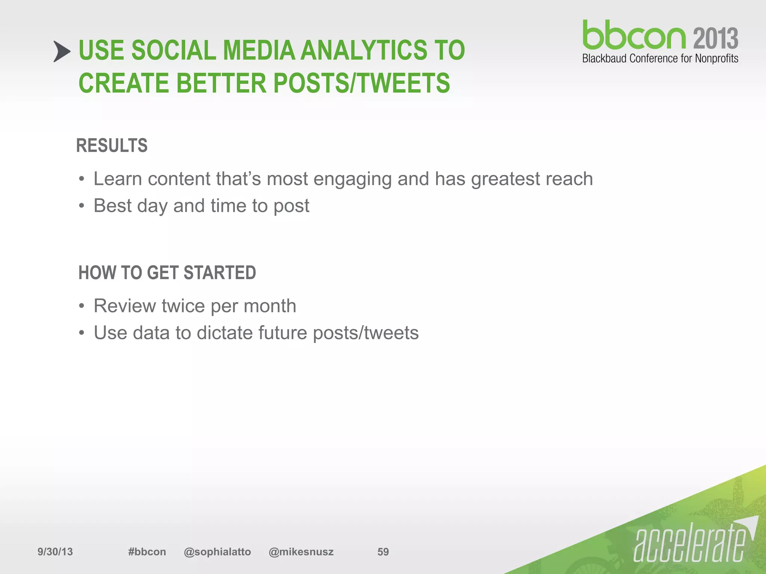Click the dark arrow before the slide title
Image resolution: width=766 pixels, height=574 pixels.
[61, 51]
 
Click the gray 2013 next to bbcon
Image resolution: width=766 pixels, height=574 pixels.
[716, 38]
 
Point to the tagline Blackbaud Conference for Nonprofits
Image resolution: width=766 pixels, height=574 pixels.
[660, 59]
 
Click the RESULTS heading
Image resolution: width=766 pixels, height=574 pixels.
[112, 145]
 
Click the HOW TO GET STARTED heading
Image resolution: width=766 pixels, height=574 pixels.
[167, 272]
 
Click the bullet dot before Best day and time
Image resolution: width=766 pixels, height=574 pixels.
[82, 206]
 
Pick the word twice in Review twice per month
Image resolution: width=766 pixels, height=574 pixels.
[183, 306]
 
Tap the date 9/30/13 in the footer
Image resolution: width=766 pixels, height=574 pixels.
[55, 552]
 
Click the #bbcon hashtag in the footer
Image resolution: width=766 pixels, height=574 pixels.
[147, 552]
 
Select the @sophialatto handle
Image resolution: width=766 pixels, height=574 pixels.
[217, 552]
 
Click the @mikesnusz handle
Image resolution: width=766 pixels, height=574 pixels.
[301, 552]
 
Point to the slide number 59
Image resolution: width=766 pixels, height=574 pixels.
[383, 552]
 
